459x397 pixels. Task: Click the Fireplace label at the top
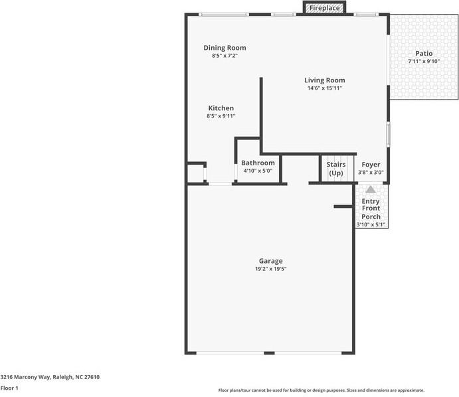[x=325, y=8]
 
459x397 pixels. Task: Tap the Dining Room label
[x=225, y=48]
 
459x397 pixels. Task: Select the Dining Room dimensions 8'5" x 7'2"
[x=225, y=56]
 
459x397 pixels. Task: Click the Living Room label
[x=325, y=80]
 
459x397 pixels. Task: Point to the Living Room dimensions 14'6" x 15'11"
[x=325, y=88]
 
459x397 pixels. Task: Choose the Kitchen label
[x=221, y=108]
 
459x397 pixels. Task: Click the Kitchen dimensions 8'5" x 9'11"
[x=221, y=116]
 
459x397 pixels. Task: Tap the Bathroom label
[x=258, y=163]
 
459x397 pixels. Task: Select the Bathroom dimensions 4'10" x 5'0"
[x=258, y=171]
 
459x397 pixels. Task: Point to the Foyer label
[x=371, y=165]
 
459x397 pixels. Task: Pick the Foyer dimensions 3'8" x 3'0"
[x=371, y=173]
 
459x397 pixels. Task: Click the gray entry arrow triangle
[x=371, y=189]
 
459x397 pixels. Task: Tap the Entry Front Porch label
[x=371, y=208]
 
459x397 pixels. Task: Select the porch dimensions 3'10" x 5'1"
[x=371, y=224]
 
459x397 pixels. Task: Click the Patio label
[x=424, y=54]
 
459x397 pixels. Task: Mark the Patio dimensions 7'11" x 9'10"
[x=424, y=62]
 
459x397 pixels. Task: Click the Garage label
[x=270, y=261]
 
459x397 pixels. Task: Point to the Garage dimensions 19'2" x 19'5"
[x=270, y=269]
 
